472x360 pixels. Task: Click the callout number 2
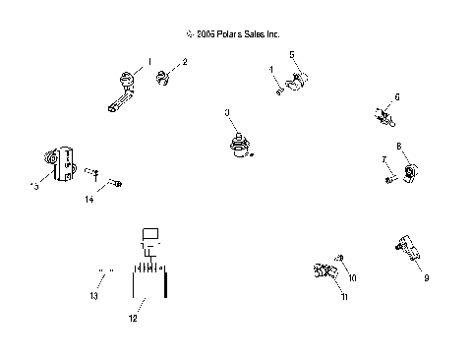pyautogui.click(x=185, y=62)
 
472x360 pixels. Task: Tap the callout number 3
pyautogui.click(x=227, y=114)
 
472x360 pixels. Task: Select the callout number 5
pyautogui.click(x=292, y=55)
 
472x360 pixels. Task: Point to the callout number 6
pyautogui.click(x=397, y=96)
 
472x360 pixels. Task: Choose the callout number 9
pyautogui.click(x=426, y=278)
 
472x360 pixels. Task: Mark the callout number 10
pyautogui.click(x=352, y=278)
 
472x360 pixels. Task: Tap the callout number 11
pyautogui.click(x=344, y=296)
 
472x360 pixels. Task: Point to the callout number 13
pyautogui.click(x=95, y=295)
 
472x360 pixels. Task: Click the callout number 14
pyautogui.click(x=88, y=200)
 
